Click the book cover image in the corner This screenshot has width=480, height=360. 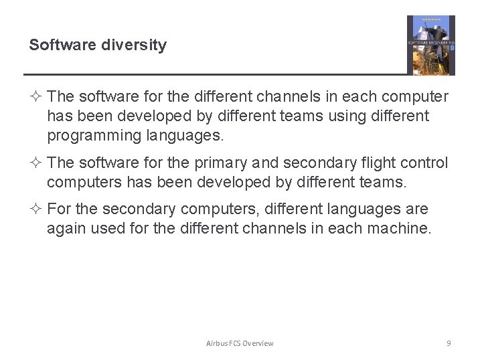(430, 45)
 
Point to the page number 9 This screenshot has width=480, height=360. (449, 343)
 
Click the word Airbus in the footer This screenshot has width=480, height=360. (217, 343)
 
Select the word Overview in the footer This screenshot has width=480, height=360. (258, 343)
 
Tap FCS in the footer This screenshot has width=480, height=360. (234, 343)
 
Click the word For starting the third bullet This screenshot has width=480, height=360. (59, 209)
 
